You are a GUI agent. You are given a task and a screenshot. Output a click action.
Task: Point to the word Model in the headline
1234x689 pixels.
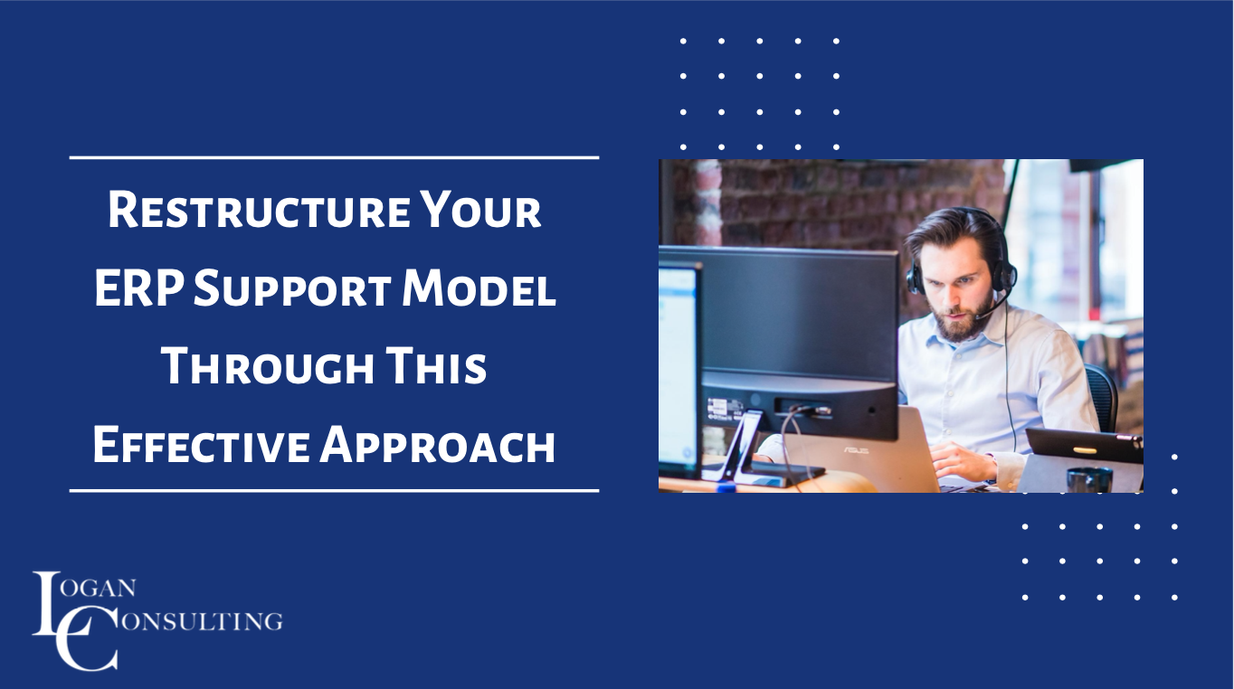point(479,291)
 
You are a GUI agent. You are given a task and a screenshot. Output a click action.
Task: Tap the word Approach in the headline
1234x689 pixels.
point(436,447)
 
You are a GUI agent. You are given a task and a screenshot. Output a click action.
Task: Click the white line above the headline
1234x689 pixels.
point(334,157)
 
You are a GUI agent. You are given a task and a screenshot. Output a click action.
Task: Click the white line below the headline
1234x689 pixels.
point(334,491)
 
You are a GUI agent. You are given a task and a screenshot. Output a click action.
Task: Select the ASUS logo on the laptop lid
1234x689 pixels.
point(856,449)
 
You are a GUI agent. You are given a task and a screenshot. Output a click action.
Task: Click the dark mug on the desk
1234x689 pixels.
point(1088,479)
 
